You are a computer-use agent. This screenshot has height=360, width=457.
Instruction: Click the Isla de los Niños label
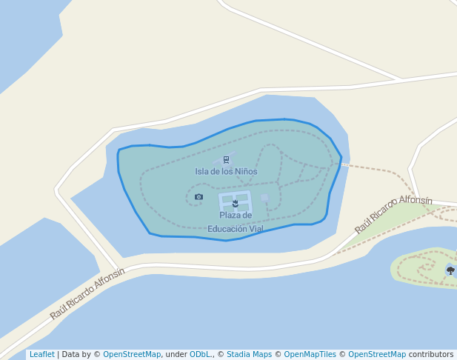(x=226, y=172)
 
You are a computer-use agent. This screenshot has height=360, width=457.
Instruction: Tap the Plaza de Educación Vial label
(x=236, y=222)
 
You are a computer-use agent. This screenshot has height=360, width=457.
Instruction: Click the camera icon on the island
(x=199, y=196)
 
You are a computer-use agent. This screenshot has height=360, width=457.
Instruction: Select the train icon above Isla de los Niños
(x=226, y=159)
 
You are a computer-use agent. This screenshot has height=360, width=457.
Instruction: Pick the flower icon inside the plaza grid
(x=236, y=203)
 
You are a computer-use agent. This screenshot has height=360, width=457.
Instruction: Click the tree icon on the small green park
(x=450, y=270)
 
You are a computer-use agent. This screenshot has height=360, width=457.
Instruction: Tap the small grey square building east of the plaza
(x=264, y=198)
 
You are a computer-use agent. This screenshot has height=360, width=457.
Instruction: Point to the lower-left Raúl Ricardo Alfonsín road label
(x=87, y=293)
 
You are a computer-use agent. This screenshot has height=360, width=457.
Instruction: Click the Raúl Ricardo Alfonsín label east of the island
(x=393, y=214)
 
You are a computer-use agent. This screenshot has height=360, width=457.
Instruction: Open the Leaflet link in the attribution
(x=41, y=355)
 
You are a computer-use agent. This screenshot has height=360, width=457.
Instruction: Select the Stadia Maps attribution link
(x=249, y=355)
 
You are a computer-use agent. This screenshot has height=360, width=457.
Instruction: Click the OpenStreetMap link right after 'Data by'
(x=132, y=355)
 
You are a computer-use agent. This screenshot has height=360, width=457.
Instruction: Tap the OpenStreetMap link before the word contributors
(x=377, y=355)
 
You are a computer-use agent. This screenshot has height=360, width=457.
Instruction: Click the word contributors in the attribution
(x=431, y=355)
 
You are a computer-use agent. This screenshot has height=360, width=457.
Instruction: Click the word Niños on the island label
(x=245, y=172)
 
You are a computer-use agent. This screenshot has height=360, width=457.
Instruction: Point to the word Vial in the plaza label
(x=256, y=229)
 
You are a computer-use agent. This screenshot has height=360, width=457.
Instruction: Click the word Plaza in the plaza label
(x=236, y=216)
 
